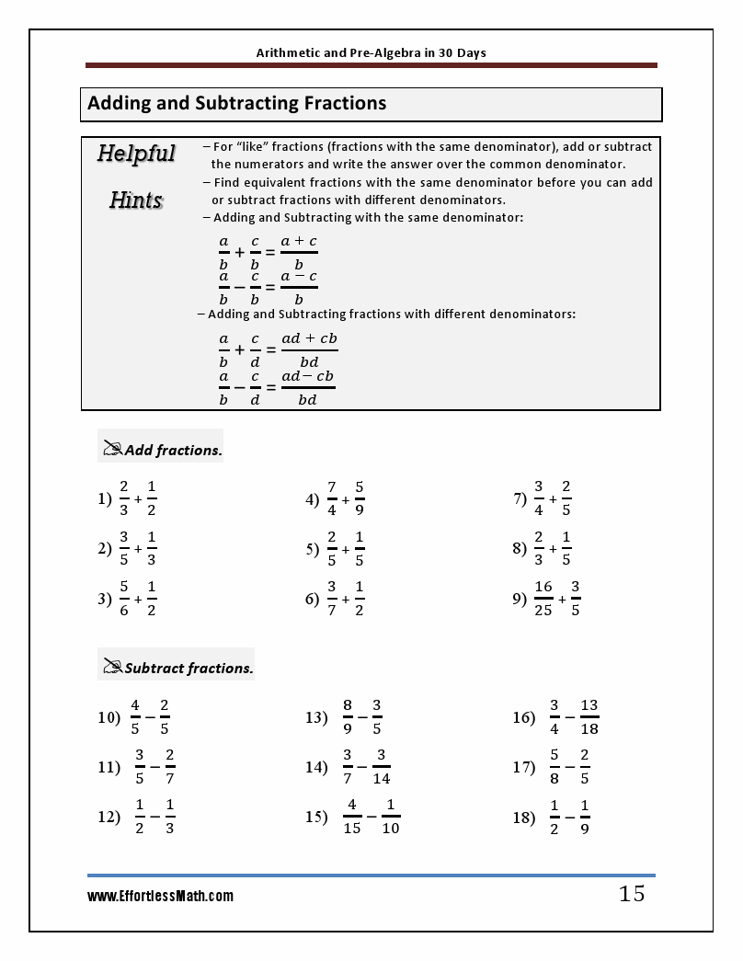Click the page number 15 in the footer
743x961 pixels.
(632, 893)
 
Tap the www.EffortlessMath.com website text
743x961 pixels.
(160, 896)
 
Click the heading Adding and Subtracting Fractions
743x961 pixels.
(236, 104)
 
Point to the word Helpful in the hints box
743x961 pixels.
(136, 154)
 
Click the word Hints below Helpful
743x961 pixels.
(136, 200)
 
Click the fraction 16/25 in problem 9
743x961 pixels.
(543, 598)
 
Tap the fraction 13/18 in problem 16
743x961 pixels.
(589, 717)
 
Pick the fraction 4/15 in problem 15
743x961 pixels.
(351, 816)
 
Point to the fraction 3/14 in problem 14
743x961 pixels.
(381, 767)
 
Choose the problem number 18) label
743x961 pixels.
(524, 817)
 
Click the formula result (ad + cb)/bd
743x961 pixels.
(309, 350)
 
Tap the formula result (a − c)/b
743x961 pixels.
(299, 287)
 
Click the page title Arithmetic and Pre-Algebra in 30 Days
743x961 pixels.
(371, 52)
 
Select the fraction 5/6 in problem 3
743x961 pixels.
(124, 598)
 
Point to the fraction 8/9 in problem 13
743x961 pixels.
(347, 717)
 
